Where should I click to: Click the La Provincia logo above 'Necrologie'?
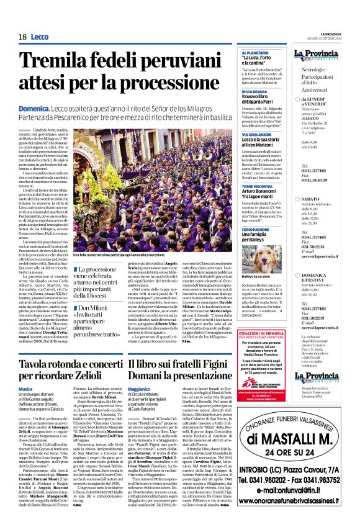(x=323, y=56)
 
